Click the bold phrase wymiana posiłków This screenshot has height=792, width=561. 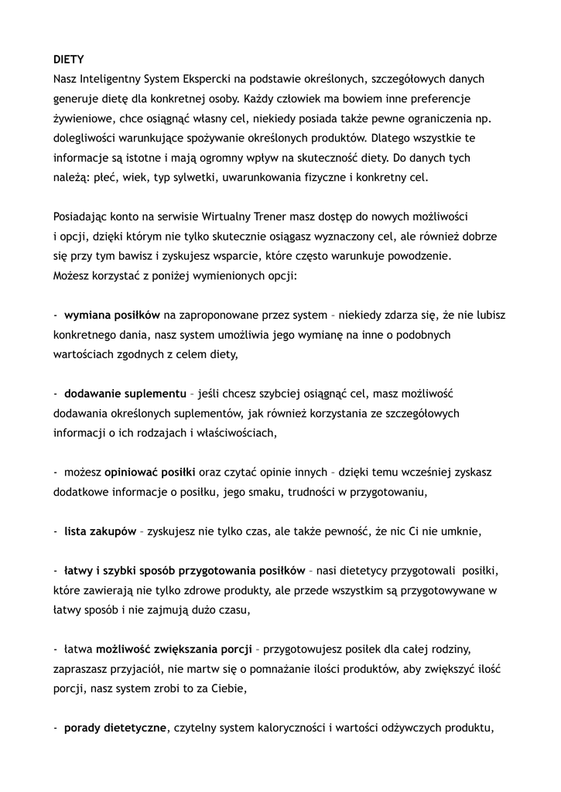112,316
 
